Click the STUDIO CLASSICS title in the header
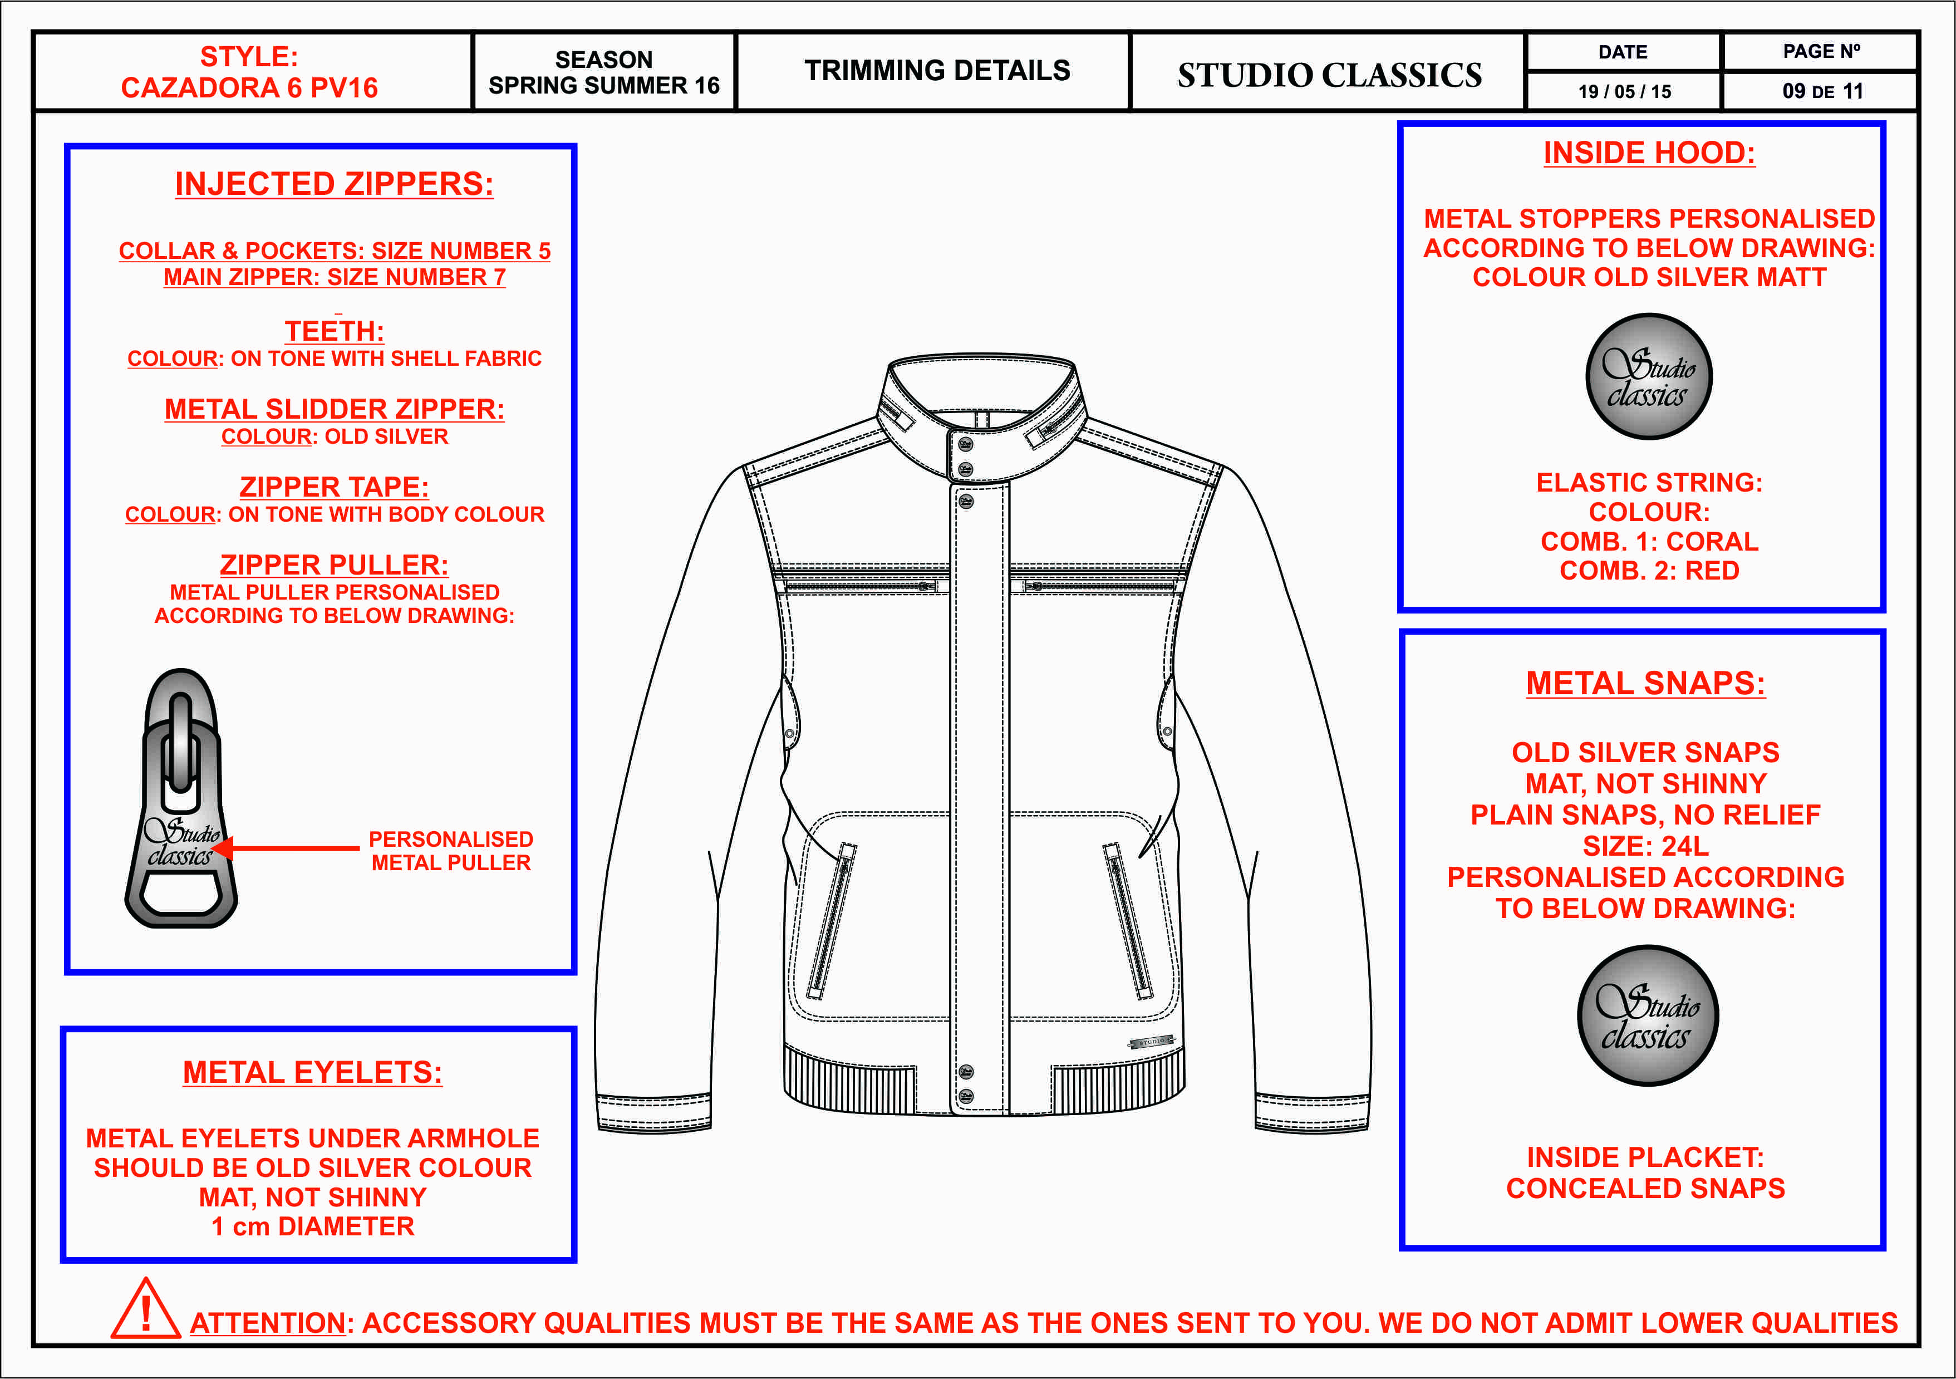click(x=1329, y=75)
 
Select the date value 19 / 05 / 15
click(x=1624, y=91)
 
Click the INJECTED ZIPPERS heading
click(x=334, y=184)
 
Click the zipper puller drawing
click(x=180, y=801)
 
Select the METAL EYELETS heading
click(x=313, y=1072)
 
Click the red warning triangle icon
click(x=145, y=1311)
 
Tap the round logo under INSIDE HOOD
click(x=1648, y=377)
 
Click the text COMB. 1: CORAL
click(x=1648, y=541)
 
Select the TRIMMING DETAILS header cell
click(x=937, y=71)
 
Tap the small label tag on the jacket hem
click(x=1152, y=1042)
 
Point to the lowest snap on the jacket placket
click(x=966, y=1096)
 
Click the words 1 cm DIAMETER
click(x=313, y=1226)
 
